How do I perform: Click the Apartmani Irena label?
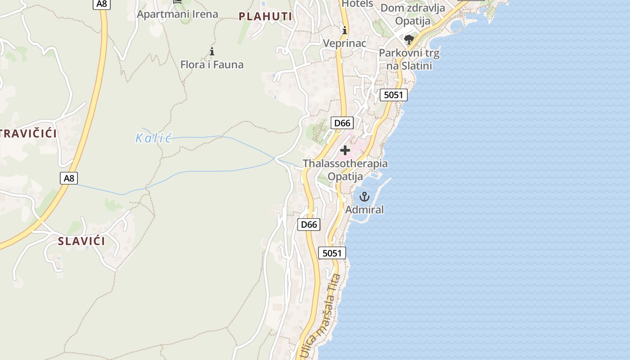(177, 14)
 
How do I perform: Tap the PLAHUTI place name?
(265, 17)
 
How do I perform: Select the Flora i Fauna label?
(212, 64)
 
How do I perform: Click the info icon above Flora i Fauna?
(212, 51)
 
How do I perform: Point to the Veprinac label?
(345, 43)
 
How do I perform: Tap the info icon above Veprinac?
(345, 31)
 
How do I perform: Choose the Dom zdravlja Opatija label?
(413, 14)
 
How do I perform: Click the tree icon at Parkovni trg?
(409, 40)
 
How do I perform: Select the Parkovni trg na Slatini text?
(409, 59)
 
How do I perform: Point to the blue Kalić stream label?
(153, 138)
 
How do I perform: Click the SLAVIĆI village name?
(81, 241)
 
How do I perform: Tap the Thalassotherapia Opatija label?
(345, 170)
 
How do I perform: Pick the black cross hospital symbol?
(345, 150)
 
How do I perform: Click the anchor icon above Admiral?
(364, 197)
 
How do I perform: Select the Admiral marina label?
(364, 209)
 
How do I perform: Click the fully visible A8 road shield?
(69, 178)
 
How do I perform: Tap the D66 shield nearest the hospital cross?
(342, 123)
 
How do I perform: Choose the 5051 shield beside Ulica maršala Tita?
(332, 253)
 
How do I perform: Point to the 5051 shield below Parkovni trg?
(394, 95)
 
